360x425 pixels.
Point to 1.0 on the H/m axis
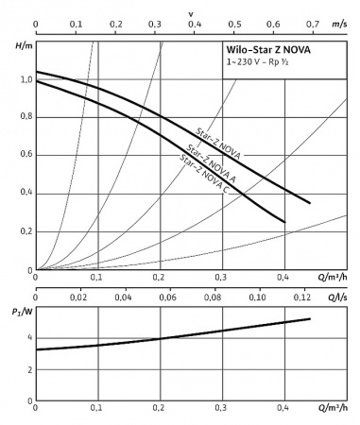click(x=24, y=79)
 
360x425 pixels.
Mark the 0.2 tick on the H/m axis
click(x=24, y=231)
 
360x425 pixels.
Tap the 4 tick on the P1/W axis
click(x=29, y=337)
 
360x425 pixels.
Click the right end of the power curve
click(x=310, y=318)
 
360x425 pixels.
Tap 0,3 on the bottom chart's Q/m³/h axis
click(x=221, y=407)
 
